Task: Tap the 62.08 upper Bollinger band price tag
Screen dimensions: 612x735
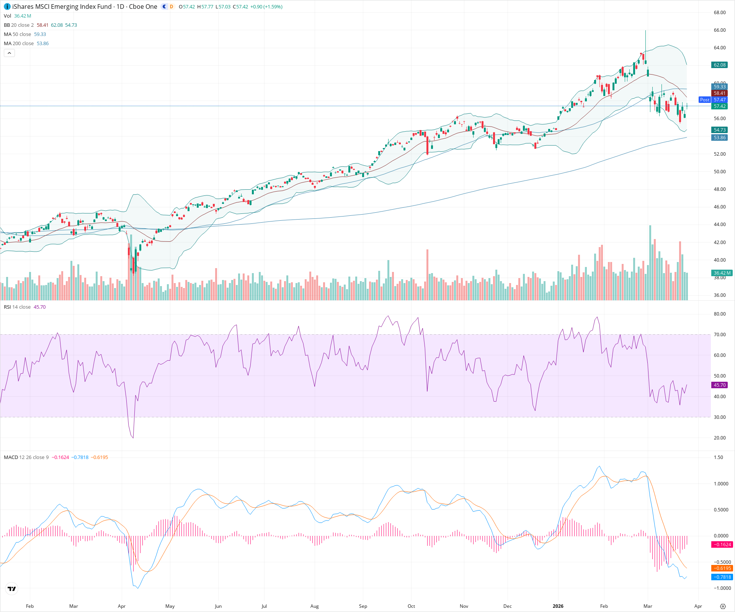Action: tap(719, 65)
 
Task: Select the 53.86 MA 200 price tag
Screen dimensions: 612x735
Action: tap(719, 138)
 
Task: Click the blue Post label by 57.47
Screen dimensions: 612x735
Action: tap(704, 100)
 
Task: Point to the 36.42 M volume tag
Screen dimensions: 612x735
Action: tap(722, 273)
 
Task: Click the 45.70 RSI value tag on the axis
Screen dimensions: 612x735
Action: tap(719, 385)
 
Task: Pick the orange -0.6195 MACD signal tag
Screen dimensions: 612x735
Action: tap(722, 568)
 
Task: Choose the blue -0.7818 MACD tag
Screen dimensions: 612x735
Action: tap(722, 577)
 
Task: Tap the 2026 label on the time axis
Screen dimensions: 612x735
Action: tap(558, 606)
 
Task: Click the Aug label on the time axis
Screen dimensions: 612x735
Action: tap(314, 606)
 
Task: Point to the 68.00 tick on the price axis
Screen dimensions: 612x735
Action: tap(720, 13)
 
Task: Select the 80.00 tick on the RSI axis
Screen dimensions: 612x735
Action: tap(720, 314)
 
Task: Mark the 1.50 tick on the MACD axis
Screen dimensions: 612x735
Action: tap(719, 457)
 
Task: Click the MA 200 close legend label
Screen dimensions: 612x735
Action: tap(19, 44)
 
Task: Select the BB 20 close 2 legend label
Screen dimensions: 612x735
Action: tap(19, 25)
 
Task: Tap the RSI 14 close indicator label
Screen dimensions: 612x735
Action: tap(17, 307)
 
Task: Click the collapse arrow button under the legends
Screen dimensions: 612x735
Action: tap(9, 53)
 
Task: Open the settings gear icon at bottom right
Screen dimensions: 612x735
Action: tap(723, 606)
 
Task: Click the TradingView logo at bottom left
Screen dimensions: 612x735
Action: tap(12, 589)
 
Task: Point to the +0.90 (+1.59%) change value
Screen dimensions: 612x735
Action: tap(266, 7)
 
